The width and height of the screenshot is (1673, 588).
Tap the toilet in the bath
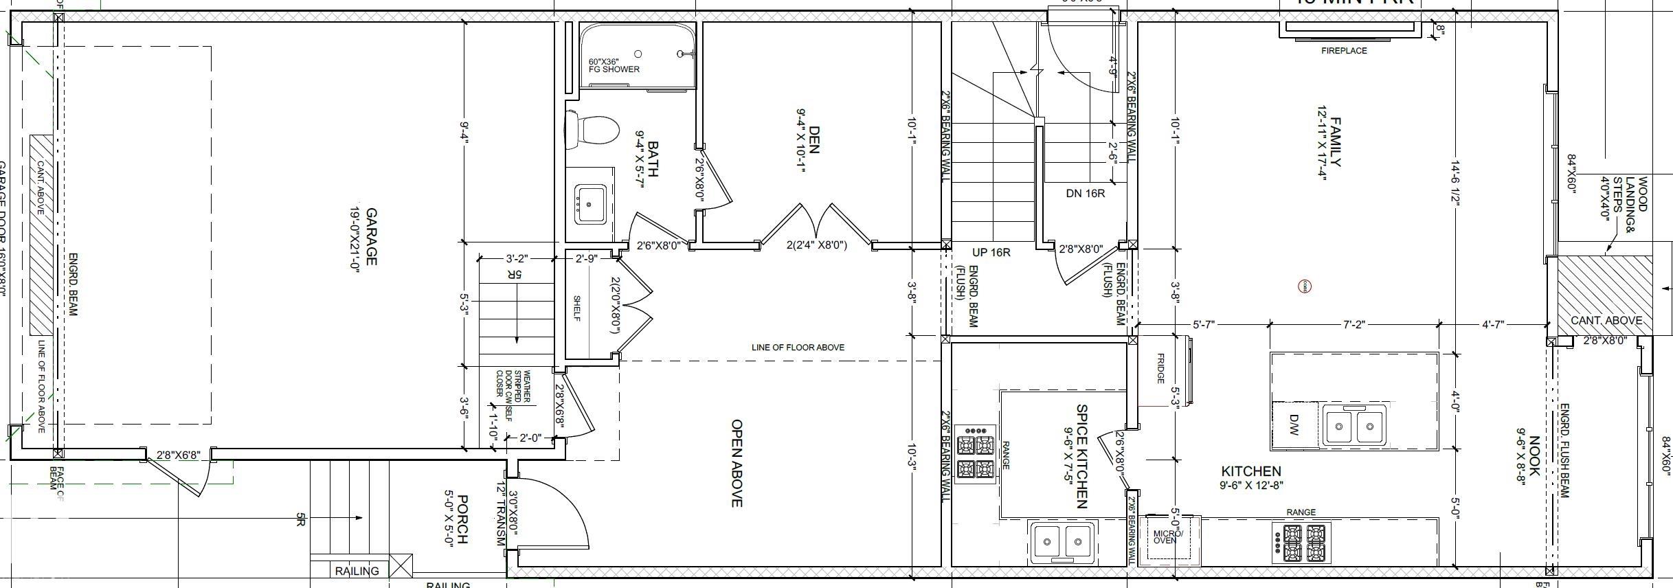[x=592, y=130]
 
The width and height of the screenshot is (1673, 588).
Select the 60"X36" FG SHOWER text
[x=614, y=65]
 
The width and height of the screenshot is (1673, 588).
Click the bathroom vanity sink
[x=590, y=204]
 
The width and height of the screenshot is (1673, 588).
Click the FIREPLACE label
[x=1344, y=51]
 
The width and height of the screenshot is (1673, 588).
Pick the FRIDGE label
[x=1160, y=369]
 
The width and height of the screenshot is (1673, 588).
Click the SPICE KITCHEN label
[x=1081, y=455]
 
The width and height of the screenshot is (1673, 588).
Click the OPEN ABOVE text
[x=736, y=464]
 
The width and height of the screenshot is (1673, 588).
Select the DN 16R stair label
[x=1085, y=194]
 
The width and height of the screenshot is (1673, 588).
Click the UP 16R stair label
[x=991, y=253]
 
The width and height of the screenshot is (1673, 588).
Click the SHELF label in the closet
[x=577, y=308]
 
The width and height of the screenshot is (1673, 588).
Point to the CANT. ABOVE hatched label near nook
[x=1606, y=321]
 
